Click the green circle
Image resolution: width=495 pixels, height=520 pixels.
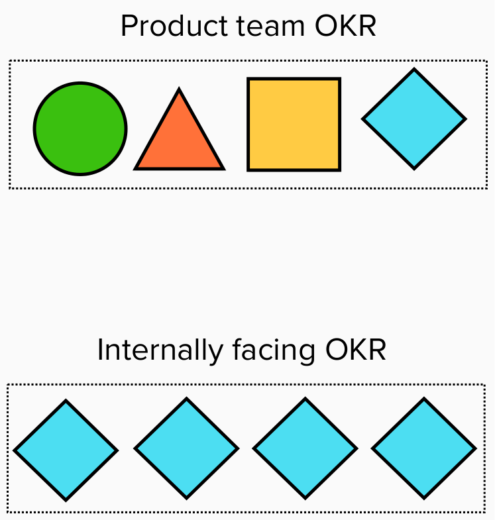click(80, 129)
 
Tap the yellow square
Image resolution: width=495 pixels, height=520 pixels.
click(294, 125)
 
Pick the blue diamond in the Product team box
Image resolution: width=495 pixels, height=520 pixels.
click(414, 119)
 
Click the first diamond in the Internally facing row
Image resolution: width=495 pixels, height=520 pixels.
click(66, 450)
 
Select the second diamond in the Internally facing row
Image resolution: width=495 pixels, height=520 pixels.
click(186, 448)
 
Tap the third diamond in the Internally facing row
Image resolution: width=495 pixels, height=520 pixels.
click(305, 448)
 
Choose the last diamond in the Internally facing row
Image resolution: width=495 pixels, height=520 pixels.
click(424, 448)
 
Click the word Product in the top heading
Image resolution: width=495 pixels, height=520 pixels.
click(161, 26)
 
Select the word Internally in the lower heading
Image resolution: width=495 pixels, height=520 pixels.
click(160, 350)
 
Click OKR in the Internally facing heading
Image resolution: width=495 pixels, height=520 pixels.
click(355, 350)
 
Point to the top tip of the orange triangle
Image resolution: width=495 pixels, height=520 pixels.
click(179, 90)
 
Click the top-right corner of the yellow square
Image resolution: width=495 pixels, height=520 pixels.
click(339, 79)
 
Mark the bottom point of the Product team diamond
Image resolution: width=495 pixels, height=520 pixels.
click(414, 168)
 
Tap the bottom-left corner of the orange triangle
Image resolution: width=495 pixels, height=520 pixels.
click(137, 168)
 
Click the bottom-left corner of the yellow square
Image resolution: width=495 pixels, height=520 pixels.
click(248, 170)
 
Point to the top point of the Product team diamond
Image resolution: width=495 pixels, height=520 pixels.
click(414, 70)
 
